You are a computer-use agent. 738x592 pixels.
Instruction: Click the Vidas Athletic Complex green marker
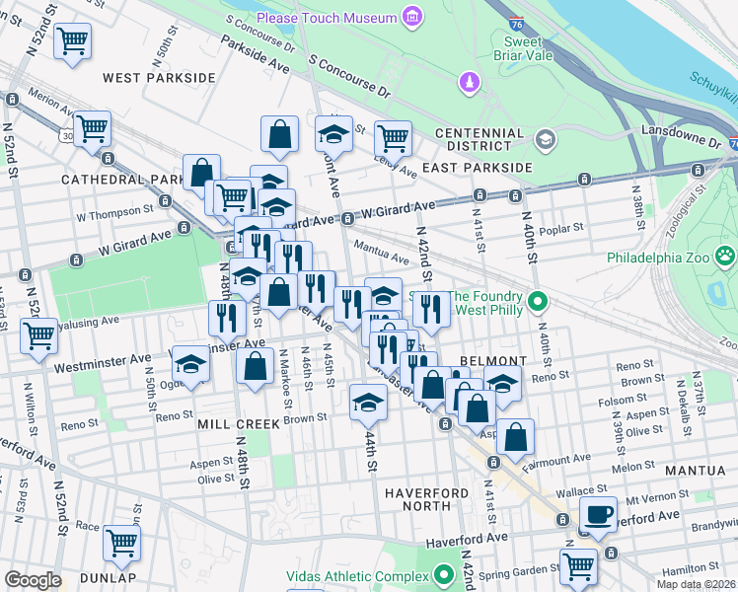pyautogui.click(x=445, y=573)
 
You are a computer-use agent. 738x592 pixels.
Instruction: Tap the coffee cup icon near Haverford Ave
pyautogui.click(x=598, y=515)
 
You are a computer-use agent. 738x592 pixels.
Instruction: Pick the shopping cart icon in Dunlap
pyautogui.click(x=121, y=542)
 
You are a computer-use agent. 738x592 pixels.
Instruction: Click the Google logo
pyautogui.click(x=32, y=580)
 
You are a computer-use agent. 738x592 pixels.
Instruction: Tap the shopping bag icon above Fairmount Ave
pyautogui.click(x=515, y=435)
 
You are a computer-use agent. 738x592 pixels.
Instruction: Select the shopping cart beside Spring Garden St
pyautogui.click(x=578, y=566)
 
